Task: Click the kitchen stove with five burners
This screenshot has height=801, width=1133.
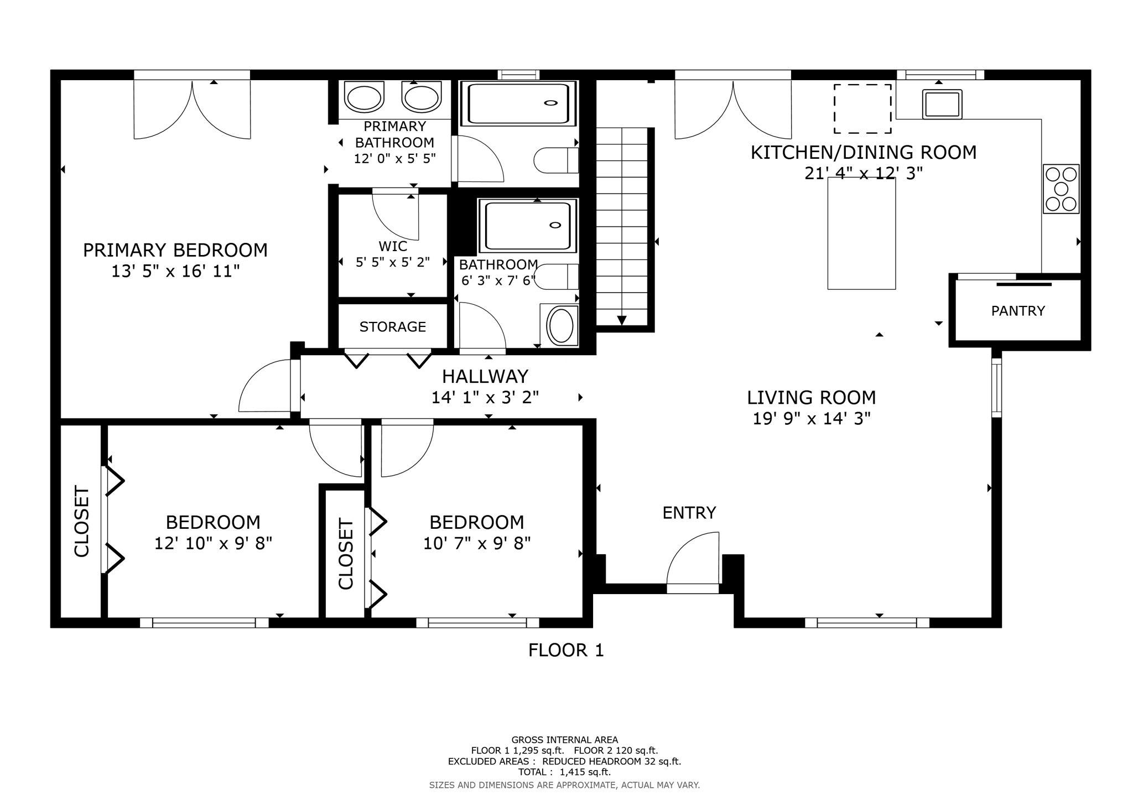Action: (1061, 189)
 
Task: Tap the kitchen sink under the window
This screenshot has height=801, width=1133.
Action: (942, 104)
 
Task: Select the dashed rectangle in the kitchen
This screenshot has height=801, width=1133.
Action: (862, 109)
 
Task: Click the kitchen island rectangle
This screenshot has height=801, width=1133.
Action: (861, 233)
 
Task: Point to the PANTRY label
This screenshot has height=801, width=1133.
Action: (1018, 311)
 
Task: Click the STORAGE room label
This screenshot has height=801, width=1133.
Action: (393, 327)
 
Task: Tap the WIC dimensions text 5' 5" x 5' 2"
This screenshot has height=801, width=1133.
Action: (393, 262)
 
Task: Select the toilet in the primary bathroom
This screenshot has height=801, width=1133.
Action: (556, 160)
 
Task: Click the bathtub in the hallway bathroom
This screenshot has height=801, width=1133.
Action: (528, 225)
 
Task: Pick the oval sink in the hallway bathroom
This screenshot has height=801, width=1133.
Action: (561, 326)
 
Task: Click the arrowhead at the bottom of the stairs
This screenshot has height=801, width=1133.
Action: (622, 320)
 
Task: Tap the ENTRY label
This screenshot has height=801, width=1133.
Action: (689, 513)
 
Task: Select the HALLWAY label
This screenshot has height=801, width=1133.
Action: (485, 377)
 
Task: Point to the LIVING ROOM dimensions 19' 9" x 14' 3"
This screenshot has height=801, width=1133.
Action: (812, 419)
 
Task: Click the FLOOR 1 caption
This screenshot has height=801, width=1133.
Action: (566, 650)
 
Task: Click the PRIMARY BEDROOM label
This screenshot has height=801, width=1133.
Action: (175, 250)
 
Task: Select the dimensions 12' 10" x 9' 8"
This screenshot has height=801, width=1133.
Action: (213, 544)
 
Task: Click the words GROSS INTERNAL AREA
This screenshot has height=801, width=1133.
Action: (565, 740)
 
